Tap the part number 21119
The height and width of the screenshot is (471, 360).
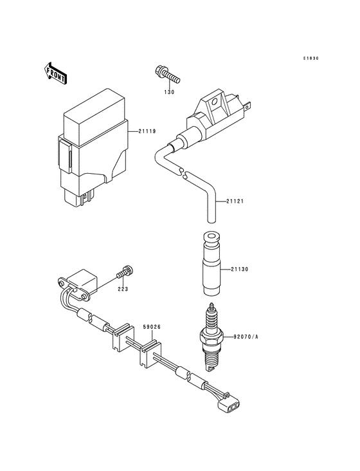[x=147, y=131]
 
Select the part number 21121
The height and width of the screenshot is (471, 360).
[x=235, y=201]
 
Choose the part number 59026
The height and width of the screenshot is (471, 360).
[x=152, y=327]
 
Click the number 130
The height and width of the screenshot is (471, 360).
[x=168, y=91]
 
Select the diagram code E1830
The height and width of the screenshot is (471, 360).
[x=311, y=59]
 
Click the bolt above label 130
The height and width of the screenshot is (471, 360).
[x=166, y=76]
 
